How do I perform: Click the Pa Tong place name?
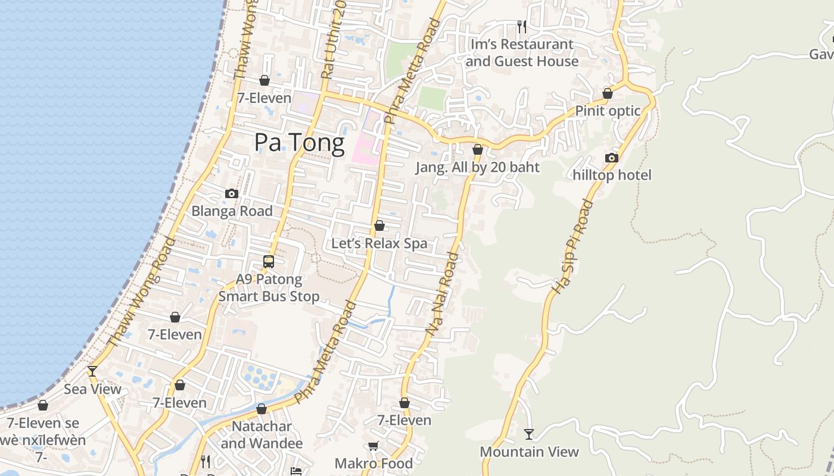[x=299, y=143]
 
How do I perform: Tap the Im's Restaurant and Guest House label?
[x=522, y=52]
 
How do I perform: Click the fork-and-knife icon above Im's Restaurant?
[x=522, y=26]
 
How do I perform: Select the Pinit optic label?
[x=608, y=111]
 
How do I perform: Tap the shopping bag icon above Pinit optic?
[x=608, y=93]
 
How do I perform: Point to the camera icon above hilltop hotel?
[x=611, y=158]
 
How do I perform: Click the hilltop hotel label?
[x=612, y=175]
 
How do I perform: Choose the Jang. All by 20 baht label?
[x=477, y=167]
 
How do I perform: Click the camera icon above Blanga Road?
[x=232, y=193]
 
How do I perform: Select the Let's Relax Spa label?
[x=379, y=243]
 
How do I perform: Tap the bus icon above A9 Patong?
[x=269, y=261]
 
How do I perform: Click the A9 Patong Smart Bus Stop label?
[x=269, y=287]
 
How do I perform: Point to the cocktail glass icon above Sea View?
[x=92, y=371]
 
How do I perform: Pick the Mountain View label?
[x=529, y=452]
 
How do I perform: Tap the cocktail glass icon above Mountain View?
[x=528, y=434]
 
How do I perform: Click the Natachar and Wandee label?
[x=262, y=435]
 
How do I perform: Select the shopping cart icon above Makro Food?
[x=374, y=446]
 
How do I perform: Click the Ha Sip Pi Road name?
[x=572, y=246]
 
